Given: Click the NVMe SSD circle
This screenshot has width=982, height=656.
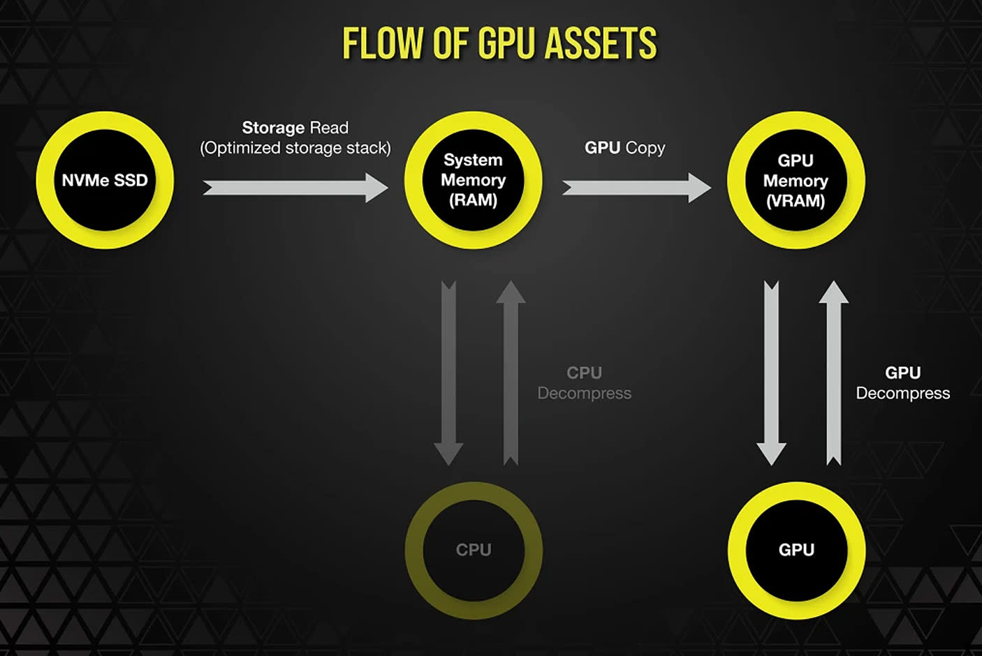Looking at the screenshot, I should pyautogui.click(x=105, y=180).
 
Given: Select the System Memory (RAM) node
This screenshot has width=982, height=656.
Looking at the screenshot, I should pyautogui.click(x=474, y=180).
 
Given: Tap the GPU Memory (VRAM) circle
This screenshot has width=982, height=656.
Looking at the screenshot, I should pyautogui.click(x=796, y=180).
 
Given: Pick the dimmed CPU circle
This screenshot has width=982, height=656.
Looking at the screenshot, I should pyautogui.click(x=474, y=550).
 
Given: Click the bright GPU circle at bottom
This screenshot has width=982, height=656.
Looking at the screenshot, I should pyautogui.click(x=796, y=550).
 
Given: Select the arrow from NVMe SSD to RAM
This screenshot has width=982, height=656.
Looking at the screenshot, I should pyautogui.click(x=295, y=188).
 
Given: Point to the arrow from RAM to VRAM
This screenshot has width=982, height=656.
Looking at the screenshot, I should pyautogui.click(x=636, y=188).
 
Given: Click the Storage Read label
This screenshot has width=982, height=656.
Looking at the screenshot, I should pyautogui.click(x=295, y=128).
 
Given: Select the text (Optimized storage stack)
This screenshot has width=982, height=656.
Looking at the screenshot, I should pyautogui.click(x=295, y=148).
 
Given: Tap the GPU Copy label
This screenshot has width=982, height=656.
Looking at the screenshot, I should pyautogui.click(x=624, y=148).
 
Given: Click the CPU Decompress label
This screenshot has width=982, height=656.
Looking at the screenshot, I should pyautogui.click(x=584, y=383).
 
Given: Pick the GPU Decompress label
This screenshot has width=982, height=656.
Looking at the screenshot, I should pyautogui.click(x=902, y=383).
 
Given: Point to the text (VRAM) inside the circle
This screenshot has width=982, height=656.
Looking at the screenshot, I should pyautogui.click(x=796, y=201).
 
